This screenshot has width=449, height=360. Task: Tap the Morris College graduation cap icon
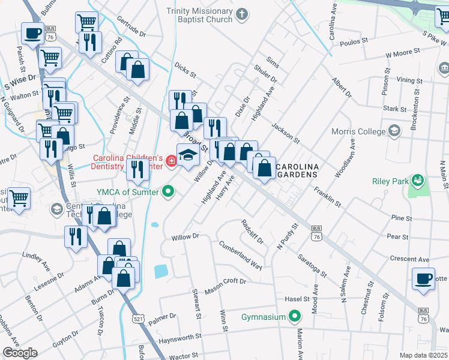pos(394,131)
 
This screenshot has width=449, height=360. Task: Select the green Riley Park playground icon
pos(416,180)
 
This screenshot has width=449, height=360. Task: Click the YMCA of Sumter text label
pos(128,192)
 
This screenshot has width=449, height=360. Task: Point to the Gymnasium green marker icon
pos(295,315)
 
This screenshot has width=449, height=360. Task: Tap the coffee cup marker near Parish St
pos(32,33)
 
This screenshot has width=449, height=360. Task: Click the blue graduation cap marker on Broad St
pos(188,154)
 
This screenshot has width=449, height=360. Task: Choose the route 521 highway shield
pos(139,317)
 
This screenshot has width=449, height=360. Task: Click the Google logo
pos(19,353)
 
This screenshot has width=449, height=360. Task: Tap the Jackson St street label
pos(285,133)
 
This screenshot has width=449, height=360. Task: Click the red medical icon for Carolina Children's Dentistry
pos(170,161)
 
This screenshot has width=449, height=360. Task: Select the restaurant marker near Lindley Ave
pos(76,236)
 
